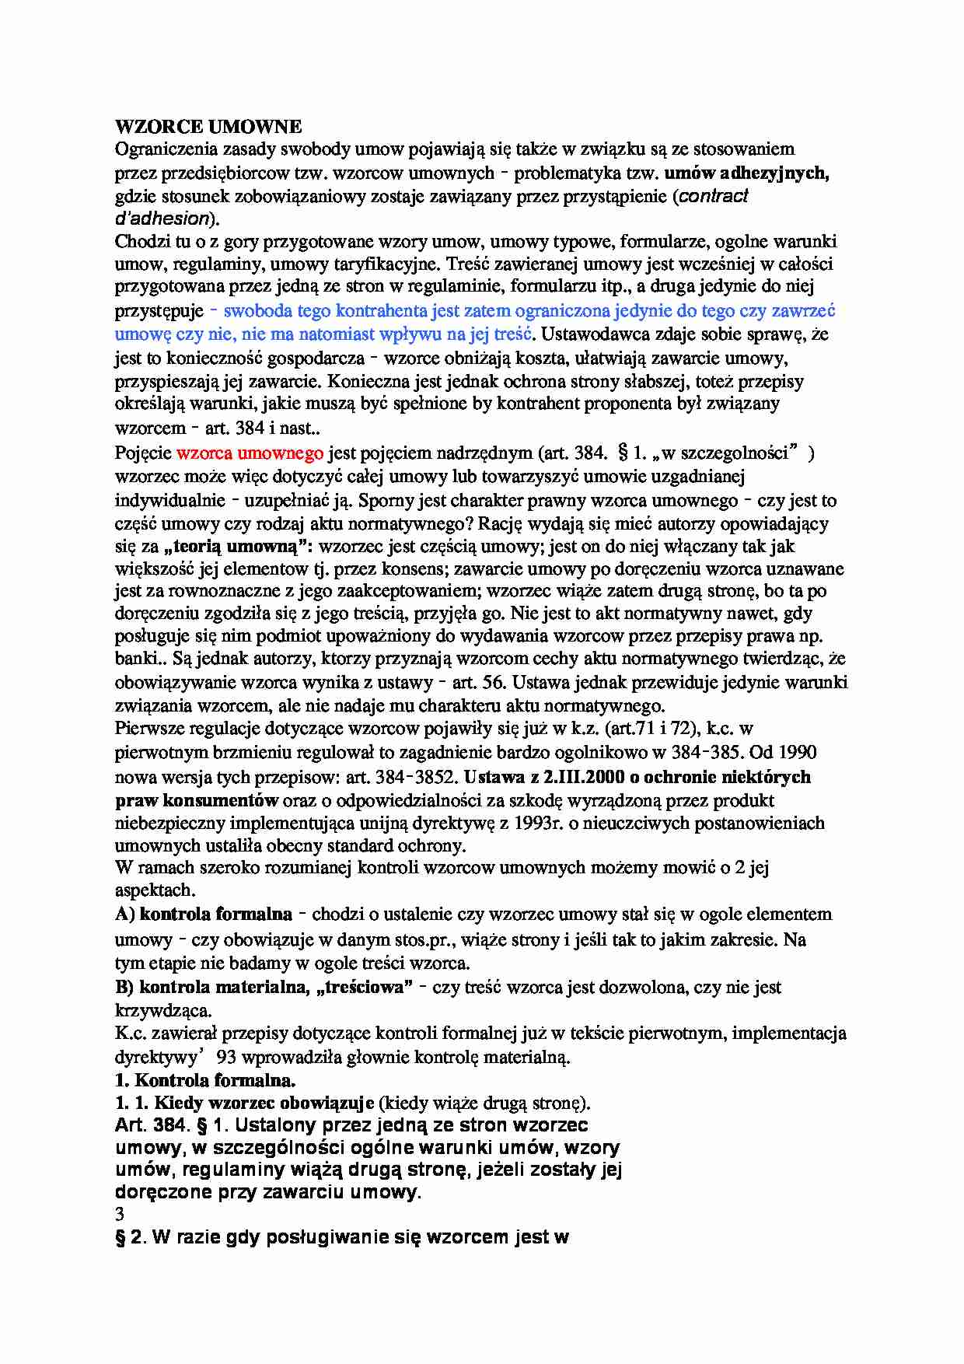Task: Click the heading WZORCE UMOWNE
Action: point(208,126)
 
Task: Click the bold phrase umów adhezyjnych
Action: point(747,173)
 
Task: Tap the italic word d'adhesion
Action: point(162,219)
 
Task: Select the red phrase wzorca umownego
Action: point(250,453)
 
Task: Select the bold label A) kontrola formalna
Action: point(204,915)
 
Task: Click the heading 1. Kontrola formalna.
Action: point(205,1080)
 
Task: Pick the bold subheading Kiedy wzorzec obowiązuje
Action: point(264,1103)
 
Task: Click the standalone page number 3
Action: point(120,1214)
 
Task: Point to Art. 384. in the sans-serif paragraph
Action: point(152,1125)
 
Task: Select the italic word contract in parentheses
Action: point(714,196)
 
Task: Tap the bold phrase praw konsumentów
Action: point(197,799)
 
